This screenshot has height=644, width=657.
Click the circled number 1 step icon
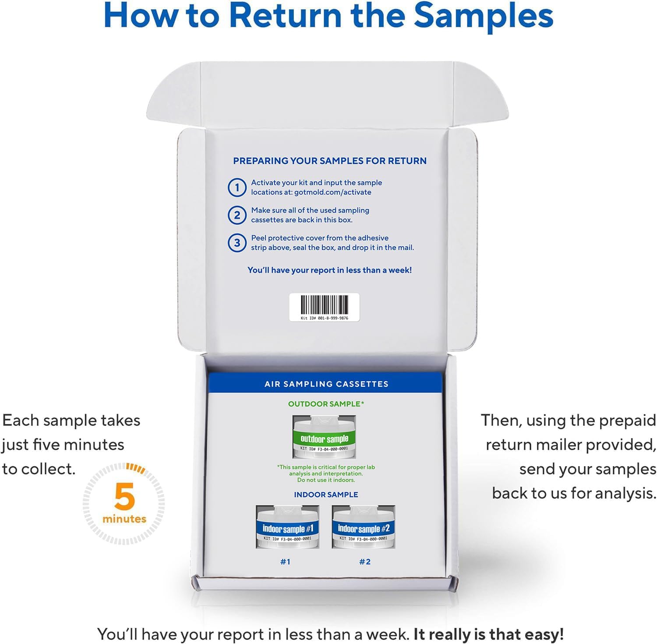point(237,188)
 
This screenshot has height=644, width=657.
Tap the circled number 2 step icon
point(237,215)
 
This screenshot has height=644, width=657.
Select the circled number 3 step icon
point(237,243)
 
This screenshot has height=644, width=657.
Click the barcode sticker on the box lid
point(325,307)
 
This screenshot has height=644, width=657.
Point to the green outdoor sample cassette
point(324,437)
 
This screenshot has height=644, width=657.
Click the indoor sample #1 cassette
point(287,527)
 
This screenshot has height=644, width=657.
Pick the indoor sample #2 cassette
point(364,527)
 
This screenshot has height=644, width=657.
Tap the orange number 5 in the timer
point(124,496)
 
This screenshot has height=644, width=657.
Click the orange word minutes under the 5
point(124,519)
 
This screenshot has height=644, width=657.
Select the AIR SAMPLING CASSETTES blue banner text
point(326,384)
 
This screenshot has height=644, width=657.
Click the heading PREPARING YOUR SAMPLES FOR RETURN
point(330,161)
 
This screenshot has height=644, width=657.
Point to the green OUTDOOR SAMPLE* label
point(326,404)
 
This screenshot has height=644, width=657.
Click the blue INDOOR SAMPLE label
point(326,495)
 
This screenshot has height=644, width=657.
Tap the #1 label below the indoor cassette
point(285,562)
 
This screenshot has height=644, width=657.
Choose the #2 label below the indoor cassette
point(365,562)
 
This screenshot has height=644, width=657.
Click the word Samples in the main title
point(484,16)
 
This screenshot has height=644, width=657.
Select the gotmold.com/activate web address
point(333,192)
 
